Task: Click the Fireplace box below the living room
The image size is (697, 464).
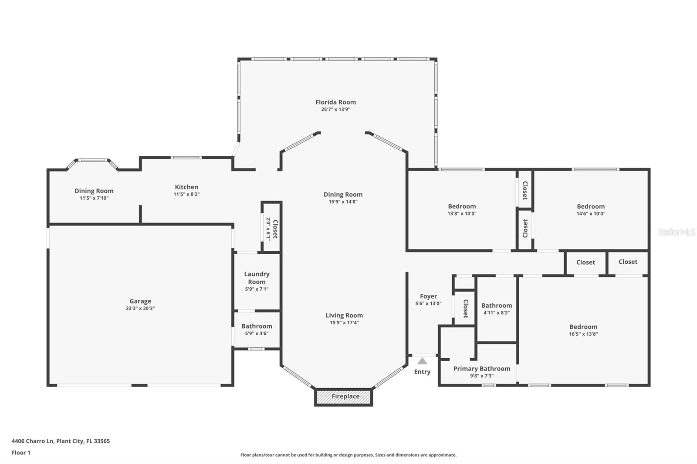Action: [x=344, y=397]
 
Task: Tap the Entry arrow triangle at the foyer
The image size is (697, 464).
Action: [x=422, y=361]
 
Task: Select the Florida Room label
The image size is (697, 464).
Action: [x=335, y=102]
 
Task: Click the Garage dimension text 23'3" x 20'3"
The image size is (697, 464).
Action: [x=140, y=309]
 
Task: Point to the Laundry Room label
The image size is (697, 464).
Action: [x=257, y=278]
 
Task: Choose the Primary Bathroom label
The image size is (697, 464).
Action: [x=481, y=369]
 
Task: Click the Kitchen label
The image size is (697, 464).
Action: [x=186, y=187]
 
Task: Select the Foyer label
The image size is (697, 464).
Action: [x=428, y=296]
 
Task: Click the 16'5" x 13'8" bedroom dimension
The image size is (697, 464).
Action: [x=583, y=334]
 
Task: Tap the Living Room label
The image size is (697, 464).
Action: [x=344, y=316]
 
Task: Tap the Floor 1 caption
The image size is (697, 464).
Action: [x=21, y=453]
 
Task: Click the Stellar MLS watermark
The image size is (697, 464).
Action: [x=676, y=232]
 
